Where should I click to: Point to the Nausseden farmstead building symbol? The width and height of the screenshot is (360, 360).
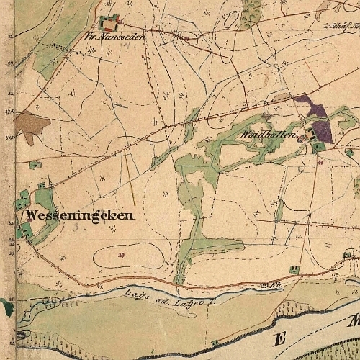[109, 23]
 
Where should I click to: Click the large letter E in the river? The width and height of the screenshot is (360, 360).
[279, 338]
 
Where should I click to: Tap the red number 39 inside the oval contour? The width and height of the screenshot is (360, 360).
[122, 255]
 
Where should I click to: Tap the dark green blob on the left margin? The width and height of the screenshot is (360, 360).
[6, 307]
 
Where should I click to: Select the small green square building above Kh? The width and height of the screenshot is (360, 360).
[293, 269]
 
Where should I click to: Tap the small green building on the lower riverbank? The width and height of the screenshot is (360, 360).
[215, 343]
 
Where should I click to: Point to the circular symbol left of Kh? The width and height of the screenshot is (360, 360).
[264, 285]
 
